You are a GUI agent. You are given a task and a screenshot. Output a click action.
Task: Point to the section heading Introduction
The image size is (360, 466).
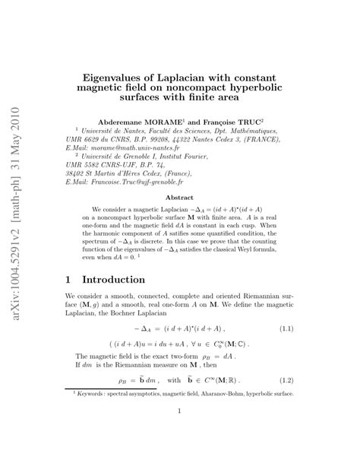pyautogui.click(x=113, y=281)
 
